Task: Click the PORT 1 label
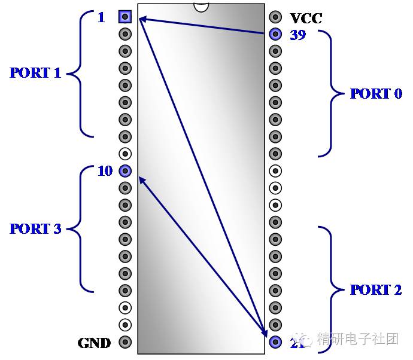coord(35,74)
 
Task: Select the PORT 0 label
coord(376,94)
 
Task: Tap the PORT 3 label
coord(35,229)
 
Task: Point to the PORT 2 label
coord(376,290)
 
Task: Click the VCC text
coord(306,19)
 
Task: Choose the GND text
coord(94,343)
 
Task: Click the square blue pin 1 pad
coord(125,16)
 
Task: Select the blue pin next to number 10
coord(125,171)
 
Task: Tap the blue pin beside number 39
coord(275,34)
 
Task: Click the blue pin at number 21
coord(275,343)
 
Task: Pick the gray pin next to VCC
coord(275,17)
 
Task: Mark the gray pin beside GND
coord(125,343)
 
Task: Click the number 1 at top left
coord(101,18)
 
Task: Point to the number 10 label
coord(105,172)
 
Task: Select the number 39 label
coord(297,35)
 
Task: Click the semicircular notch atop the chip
coord(201,7)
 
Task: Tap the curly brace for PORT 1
coord(80,74)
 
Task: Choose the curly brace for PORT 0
coord(331,94)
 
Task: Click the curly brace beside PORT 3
coord(80,229)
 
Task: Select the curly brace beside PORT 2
coord(331,290)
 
